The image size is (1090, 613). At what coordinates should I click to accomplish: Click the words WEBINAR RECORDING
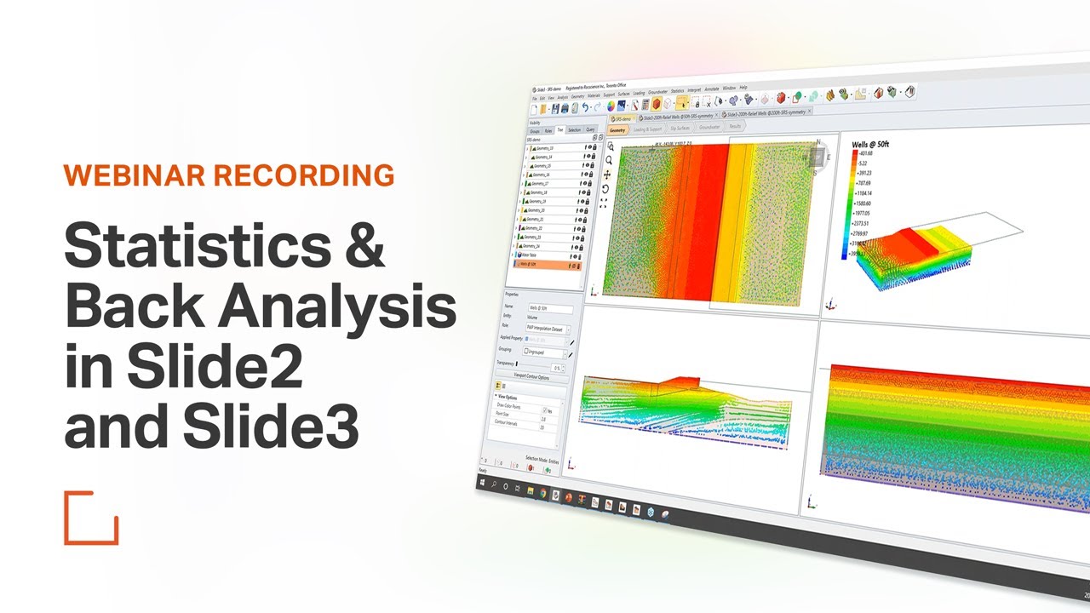228,175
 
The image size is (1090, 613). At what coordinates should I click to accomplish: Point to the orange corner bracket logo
91,517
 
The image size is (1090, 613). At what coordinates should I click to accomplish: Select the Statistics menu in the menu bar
677,90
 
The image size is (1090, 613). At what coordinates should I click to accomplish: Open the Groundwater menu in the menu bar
657,91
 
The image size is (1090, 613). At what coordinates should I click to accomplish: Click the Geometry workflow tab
617,130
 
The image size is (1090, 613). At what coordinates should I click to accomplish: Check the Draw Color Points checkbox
545,410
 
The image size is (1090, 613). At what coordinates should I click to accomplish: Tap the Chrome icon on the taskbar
542,492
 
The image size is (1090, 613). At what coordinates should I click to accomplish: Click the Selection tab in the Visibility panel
574,130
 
